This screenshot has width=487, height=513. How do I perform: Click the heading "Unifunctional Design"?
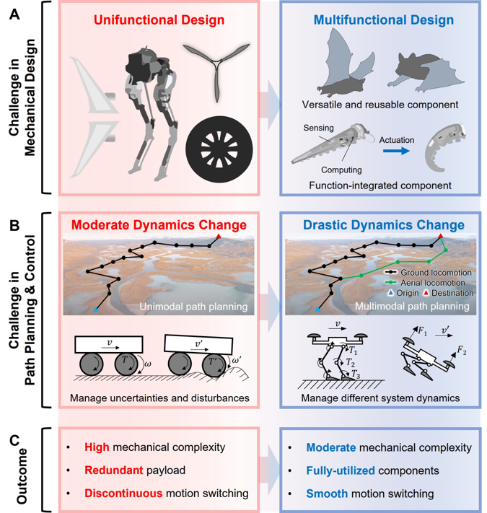pos(159,20)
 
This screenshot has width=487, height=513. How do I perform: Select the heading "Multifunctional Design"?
pos(384,20)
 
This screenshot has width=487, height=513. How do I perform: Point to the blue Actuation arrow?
pos(396,151)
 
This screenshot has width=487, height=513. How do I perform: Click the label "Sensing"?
pos(318,128)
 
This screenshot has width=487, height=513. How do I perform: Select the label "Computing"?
pos(341,170)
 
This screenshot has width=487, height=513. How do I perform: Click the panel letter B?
pos(15,226)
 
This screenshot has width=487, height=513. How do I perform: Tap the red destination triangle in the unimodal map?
pos(219,236)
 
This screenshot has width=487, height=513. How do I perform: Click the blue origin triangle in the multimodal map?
pos(318,309)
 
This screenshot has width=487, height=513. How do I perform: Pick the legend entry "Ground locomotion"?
pos(428,273)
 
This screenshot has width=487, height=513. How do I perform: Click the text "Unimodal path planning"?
pos(193,307)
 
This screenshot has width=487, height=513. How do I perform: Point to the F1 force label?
pos(423,332)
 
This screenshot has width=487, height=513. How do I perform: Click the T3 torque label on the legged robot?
pos(356,374)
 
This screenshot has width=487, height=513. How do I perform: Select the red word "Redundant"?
pos(113,470)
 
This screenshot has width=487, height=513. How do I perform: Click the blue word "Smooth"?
pos(327,494)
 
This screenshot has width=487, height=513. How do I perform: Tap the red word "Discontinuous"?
pos(123,494)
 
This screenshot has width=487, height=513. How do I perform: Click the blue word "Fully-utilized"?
pos(341,471)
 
